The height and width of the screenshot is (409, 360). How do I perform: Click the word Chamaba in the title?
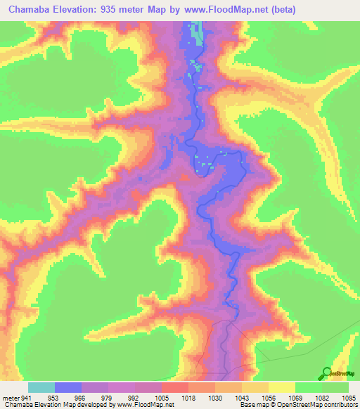pyautogui.click(x=34, y=10)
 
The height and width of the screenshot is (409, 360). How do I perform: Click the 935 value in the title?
pyautogui.click(x=123, y=10)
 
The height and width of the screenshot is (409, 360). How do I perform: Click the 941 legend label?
pyautogui.click(x=25, y=397)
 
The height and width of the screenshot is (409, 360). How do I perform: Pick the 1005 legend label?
pyautogui.click(x=161, y=397)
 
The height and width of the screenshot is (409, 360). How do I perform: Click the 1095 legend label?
pyautogui.click(x=349, y=397)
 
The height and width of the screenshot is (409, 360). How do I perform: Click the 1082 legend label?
pyautogui.click(x=322, y=397)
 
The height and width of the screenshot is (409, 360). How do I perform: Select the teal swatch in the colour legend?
pyautogui.click(x=41, y=387)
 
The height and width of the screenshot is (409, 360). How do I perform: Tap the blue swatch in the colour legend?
pyautogui.click(x=68, y=387)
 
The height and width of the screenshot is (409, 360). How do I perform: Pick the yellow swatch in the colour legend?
pyautogui.click(x=282, y=387)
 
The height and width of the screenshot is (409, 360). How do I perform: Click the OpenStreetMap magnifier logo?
pyautogui.click(x=326, y=372)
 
